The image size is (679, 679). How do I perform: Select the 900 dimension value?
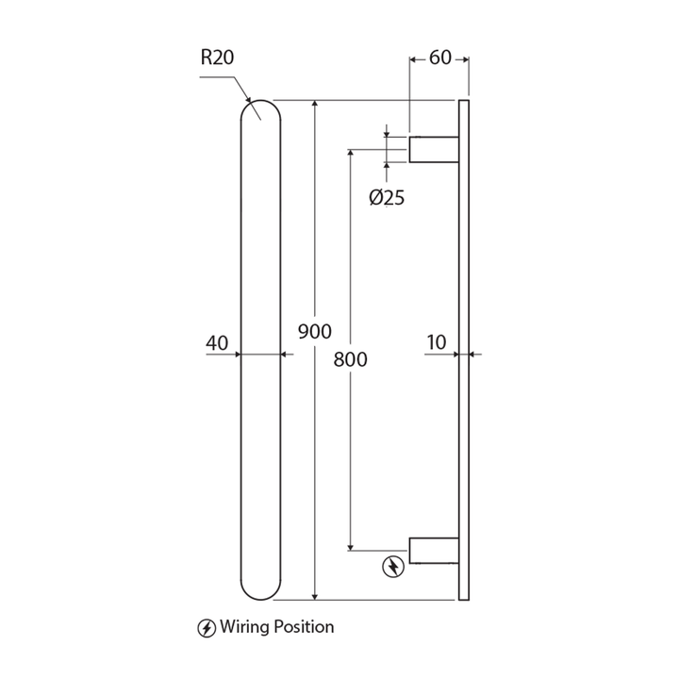(314, 332)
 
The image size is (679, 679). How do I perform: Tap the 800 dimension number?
(350, 359)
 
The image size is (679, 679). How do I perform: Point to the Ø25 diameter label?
(387, 198)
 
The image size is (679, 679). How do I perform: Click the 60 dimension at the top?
(439, 58)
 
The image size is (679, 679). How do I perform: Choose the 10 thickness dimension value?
(436, 343)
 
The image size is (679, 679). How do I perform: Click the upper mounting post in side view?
(434, 149)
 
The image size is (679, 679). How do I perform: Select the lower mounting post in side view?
(434, 551)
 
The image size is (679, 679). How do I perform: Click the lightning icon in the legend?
(206, 627)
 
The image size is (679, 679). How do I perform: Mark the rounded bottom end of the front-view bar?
(260, 588)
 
